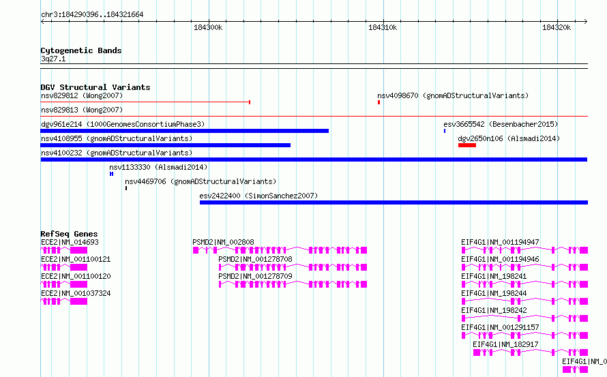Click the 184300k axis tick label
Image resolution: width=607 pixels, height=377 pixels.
[208, 27]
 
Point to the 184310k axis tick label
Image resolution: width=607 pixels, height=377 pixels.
[383, 27]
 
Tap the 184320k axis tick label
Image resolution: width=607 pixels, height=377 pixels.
[557, 27]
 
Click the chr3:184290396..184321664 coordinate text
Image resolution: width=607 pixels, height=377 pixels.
[92, 15]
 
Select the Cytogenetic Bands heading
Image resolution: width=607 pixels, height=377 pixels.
[81, 50]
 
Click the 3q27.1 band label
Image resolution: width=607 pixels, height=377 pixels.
[53, 59]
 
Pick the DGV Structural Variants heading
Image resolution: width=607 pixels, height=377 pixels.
[95, 87]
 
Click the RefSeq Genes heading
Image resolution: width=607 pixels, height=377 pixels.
[69, 234]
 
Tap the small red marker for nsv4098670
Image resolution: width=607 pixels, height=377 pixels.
[379, 102]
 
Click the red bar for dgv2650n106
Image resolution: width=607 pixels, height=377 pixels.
[467, 145]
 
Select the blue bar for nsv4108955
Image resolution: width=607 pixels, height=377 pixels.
[165, 145]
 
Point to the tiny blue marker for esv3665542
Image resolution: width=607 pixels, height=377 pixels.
[445, 131]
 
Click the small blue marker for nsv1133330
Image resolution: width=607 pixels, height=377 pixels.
[111, 174]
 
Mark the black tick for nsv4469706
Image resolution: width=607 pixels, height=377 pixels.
[126, 188]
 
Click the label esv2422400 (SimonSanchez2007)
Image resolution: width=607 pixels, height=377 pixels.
[258, 196]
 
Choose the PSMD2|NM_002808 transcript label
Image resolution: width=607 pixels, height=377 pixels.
[224, 242]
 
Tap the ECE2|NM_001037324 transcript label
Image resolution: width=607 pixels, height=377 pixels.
[76, 293]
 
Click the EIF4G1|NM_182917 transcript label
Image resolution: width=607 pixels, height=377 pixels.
[505, 344]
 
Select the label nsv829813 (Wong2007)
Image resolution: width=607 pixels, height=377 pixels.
[82, 110]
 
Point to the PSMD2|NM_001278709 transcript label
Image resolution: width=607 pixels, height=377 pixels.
[255, 276]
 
